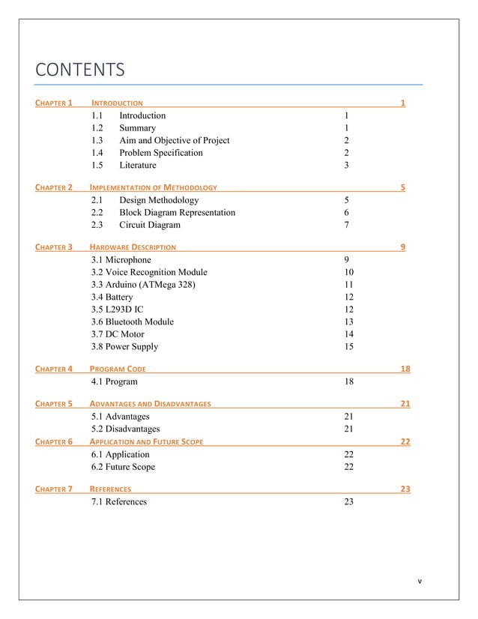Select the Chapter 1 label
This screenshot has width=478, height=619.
click(x=54, y=102)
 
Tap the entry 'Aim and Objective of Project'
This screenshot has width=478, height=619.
click(x=174, y=140)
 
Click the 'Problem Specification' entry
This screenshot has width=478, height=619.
click(x=160, y=153)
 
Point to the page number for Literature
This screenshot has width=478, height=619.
click(x=346, y=166)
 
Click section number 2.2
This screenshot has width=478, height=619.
click(x=97, y=213)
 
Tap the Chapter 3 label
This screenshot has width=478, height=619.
click(x=54, y=247)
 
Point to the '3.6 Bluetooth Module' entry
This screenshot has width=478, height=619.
click(x=132, y=321)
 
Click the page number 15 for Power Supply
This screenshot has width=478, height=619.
click(x=348, y=347)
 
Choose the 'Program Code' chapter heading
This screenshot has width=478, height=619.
click(x=118, y=369)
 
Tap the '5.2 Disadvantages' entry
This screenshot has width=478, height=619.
click(x=125, y=429)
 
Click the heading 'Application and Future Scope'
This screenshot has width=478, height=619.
click(x=146, y=441)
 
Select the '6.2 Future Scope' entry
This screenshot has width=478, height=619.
click(x=123, y=467)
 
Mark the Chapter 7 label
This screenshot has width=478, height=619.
click(x=54, y=489)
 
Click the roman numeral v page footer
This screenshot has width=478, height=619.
click(x=420, y=582)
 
